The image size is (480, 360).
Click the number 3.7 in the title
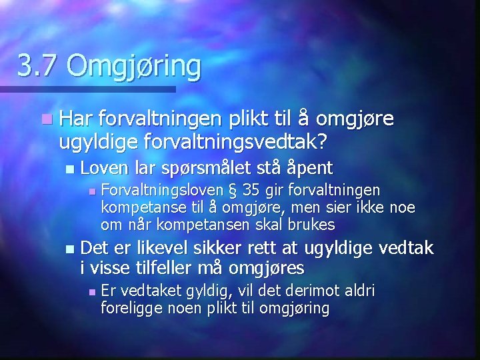tap(37, 66)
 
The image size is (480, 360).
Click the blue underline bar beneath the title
tap(87, 89)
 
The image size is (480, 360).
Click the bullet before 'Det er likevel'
tap(71, 250)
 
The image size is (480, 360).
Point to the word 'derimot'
tap(311, 291)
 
